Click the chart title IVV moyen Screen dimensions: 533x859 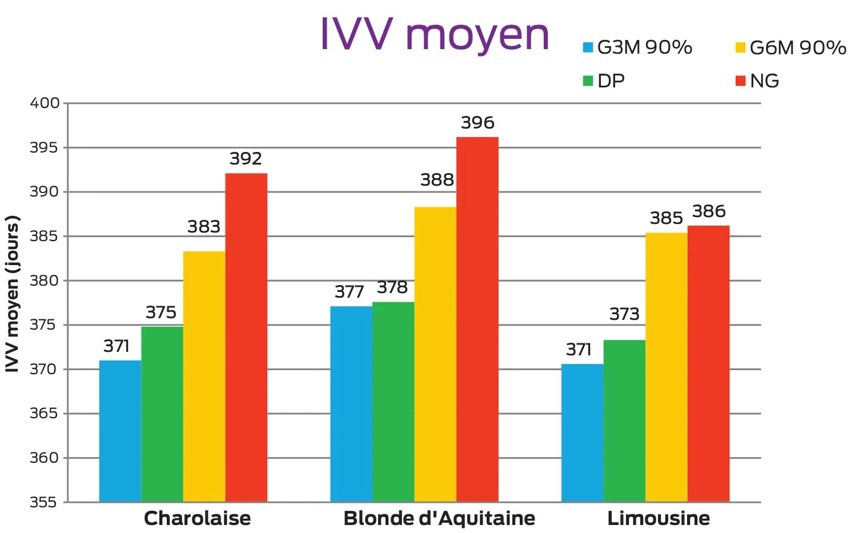(434, 35)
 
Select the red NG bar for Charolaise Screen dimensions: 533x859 (246, 337)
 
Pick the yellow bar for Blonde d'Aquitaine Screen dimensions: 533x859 (435, 354)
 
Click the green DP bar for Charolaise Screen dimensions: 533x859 (162, 414)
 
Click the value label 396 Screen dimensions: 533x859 (477, 123)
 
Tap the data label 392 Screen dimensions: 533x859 (246, 159)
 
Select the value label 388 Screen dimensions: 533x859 (437, 180)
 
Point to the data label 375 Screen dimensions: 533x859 (161, 312)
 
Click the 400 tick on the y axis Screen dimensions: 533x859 (45, 103)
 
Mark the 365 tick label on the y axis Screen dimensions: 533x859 (45, 413)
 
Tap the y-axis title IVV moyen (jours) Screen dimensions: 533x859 (13, 294)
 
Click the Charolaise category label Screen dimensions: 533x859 (197, 518)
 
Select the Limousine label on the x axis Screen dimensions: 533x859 (659, 518)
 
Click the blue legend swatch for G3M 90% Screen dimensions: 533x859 (588, 47)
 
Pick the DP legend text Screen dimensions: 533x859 (611, 81)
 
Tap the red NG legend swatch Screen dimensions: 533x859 (740, 81)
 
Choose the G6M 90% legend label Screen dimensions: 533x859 (798, 47)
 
